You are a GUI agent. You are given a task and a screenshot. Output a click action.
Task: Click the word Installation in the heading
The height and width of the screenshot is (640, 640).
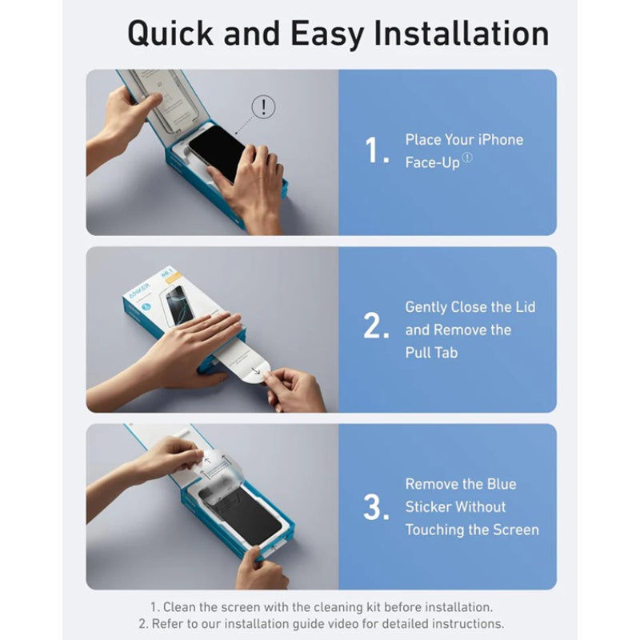[x=463, y=34]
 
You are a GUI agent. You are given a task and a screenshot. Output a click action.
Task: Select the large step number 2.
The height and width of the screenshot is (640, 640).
[x=376, y=326]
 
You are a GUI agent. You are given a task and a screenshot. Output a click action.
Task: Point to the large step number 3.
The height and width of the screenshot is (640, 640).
[x=376, y=506]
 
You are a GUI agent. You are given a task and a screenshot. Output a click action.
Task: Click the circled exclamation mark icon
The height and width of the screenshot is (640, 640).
[x=263, y=106]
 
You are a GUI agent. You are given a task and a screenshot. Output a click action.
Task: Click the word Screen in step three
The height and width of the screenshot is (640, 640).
[x=514, y=530]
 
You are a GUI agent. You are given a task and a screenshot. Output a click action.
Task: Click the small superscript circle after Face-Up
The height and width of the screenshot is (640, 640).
[x=467, y=158]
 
